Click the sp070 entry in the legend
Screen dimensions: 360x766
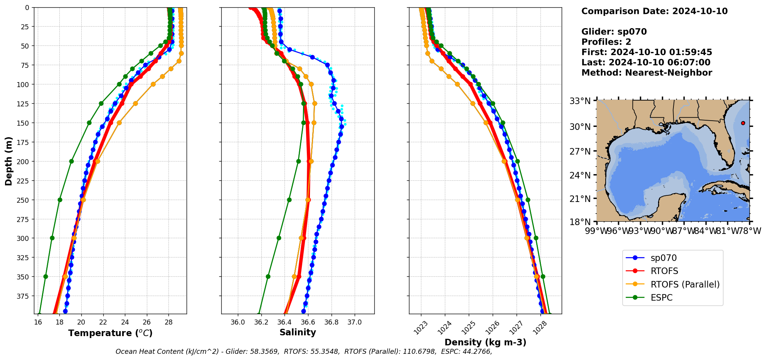click(663, 258)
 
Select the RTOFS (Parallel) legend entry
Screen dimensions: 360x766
click(685, 284)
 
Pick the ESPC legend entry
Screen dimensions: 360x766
click(662, 298)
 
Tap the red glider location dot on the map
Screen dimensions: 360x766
click(743, 123)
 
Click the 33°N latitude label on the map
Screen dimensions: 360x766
click(580, 101)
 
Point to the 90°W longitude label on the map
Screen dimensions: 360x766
click(662, 231)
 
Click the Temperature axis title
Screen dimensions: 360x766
click(110, 333)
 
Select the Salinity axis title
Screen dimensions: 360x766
click(298, 332)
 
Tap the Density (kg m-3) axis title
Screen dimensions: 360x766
click(485, 342)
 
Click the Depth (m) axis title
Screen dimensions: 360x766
click(8, 161)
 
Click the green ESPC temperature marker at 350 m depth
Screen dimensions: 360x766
click(45, 276)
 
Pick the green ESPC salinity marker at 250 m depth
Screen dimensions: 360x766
click(289, 200)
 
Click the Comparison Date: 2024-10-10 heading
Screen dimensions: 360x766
click(654, 11)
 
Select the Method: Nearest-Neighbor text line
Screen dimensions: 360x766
click(646, 72)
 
